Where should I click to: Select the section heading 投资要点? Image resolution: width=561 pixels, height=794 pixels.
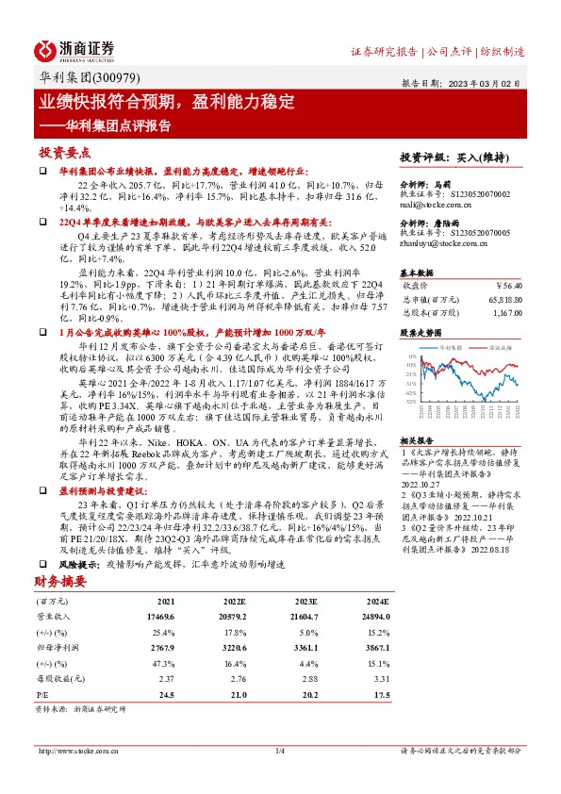coord(64,152)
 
